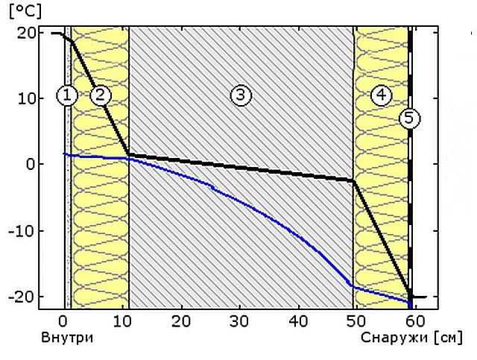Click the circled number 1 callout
[67, 95]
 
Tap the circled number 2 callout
[101, 95]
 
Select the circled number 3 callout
[241, 95]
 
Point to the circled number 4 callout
[382, 95]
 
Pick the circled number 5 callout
[409, 118]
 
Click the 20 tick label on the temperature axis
[26, 33]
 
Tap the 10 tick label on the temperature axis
[27, 98]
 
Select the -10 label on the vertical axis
[22, 230]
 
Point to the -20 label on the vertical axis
[22, 296]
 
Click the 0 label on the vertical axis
[31, 164]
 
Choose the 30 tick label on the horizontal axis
[239, 321]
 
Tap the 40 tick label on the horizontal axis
[298, 321]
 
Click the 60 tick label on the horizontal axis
[416, 321]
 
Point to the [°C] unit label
[25, 12]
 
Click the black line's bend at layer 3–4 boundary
[354, 181]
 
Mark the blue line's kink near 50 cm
[351, 286]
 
